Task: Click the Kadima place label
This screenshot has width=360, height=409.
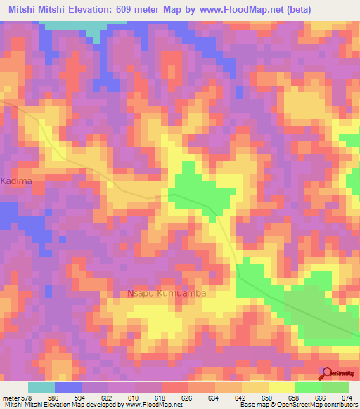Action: point(17,181)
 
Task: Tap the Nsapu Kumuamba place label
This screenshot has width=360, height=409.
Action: point(166,293)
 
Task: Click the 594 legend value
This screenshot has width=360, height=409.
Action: point(82,398)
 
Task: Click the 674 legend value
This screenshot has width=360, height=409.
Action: point(347,398)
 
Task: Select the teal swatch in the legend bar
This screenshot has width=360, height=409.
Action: point(41,387)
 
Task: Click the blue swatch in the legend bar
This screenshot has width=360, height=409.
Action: point(68,387)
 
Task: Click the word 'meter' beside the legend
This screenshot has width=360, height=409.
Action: point(10,398)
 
